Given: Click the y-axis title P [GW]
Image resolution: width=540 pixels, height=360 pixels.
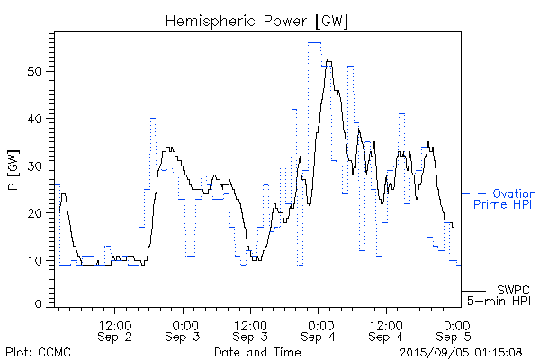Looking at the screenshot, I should [x=13, y=168].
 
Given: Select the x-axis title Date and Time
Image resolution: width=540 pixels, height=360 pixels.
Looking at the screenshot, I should [x=257, y=351].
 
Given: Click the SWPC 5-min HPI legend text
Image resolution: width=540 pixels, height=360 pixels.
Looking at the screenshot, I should [x=504, y=293].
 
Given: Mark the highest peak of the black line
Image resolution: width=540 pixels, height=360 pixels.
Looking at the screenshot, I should [x=328, y=59].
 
